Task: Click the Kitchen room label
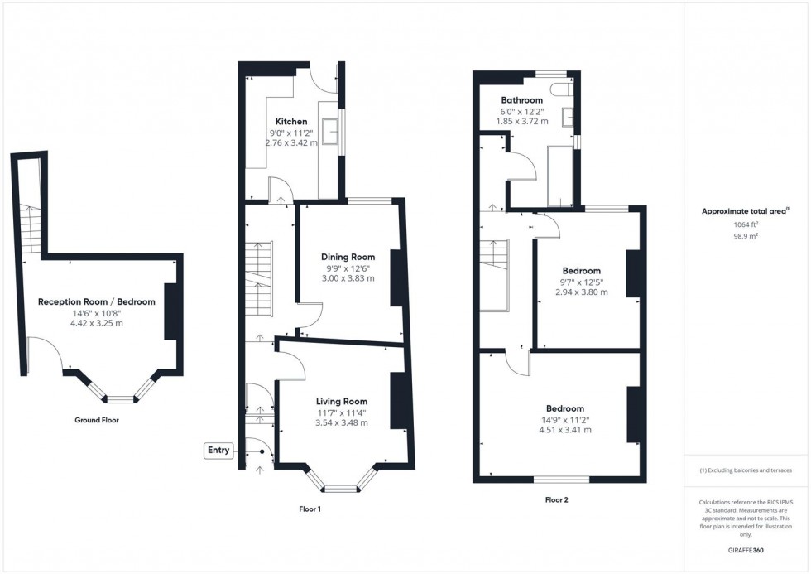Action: [291, 122]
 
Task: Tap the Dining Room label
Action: [348, 257]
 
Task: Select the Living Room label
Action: [341, 402]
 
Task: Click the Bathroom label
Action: [521, 100]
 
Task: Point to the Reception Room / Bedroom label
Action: [96, 301]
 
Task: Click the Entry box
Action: [219, 450]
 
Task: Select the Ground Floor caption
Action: [96, 420]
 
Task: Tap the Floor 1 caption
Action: [309, 509]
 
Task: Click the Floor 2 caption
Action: [556, 499]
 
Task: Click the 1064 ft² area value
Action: [746, 224]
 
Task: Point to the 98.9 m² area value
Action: [746, 236]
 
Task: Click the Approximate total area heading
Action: [746, 211]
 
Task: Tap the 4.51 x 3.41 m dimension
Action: [564, 430]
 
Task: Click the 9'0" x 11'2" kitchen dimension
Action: [291, 133]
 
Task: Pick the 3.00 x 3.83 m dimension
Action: [348, 278]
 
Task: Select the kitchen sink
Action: [330, 130]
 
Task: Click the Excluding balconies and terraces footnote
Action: [746, 470]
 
